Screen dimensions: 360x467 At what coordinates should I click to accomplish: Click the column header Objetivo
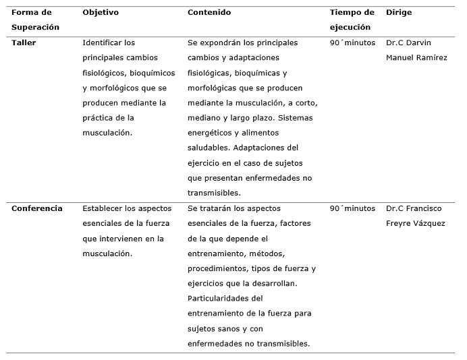pyautogui.click(x=100, y=13)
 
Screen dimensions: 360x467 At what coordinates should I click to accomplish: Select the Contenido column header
pyautogui.click(x=209, y=13)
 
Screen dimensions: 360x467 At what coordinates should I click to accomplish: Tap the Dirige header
pyautogui.click(x=398, y=13)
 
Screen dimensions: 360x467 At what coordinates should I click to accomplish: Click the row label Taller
pyautogui.click(x=24, y=42)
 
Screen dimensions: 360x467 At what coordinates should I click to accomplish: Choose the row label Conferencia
pyautogui.click(x=36, y=208)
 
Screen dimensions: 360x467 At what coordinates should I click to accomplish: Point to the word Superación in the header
pyautogui.click(x=35, y=28)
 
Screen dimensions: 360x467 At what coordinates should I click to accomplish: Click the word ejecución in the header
pyautogui.click(x=350, y=28)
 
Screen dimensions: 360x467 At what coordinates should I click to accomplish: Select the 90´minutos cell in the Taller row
pyautogui.click(x=352, y=42)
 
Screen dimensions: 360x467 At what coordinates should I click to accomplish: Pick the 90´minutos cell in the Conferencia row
pyautogui.click(x=352, y=208)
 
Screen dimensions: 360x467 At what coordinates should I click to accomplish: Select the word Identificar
pyautogui.click(x=103, y=42)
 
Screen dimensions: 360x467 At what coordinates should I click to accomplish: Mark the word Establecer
pyautogui.click(x=104, y=208)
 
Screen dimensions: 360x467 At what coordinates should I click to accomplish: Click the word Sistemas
pyautogui.click(x=296, y=118)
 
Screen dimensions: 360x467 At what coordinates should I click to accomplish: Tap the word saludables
pyautogui.click(x=209, y=148)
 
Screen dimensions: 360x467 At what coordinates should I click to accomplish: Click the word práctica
pyautogui.click(x=99, y=118)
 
